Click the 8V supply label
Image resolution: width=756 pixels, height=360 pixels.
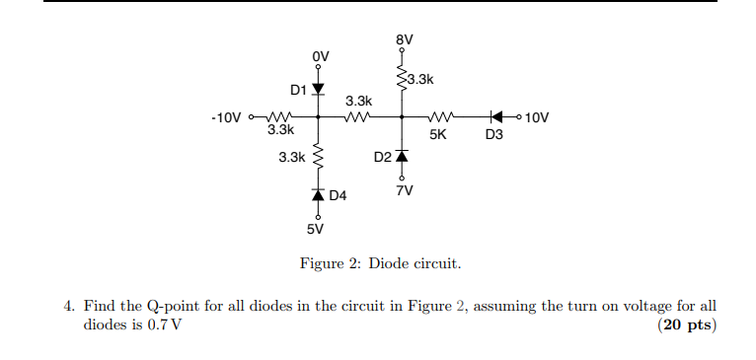pos(403,40)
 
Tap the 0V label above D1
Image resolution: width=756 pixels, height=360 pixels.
pos(319,55)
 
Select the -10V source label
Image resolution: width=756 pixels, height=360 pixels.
pos(226,117)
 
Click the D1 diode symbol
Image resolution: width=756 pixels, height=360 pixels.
pos(318,90)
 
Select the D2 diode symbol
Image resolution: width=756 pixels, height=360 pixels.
pos(402,156)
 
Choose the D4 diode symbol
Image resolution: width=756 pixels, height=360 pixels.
pos(318,196)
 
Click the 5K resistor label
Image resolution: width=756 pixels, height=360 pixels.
pos(439,135)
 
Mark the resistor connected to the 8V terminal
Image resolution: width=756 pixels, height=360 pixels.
pos(402,79)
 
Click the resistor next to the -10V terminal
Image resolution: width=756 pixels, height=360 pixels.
pos(280,116)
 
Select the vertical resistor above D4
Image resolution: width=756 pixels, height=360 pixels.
pos(318,157)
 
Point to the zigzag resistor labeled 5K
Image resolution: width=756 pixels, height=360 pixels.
pos(439,116)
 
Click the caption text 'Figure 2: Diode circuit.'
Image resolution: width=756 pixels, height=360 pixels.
pos(380,264)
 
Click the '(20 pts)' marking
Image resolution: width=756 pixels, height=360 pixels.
pos(686,325)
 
